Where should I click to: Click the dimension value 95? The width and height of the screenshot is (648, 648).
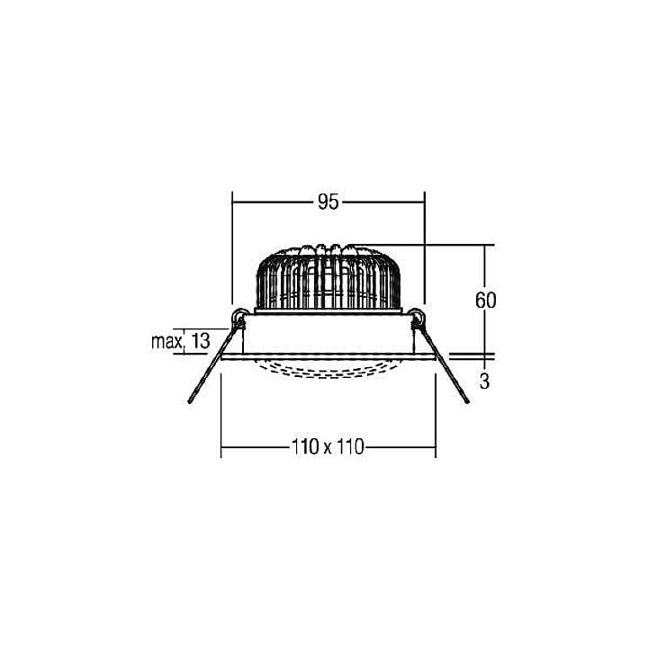tap(328, 202)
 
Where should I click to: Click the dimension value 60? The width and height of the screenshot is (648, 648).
tap(485, 301)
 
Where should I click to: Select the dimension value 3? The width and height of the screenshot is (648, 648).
tap(484, 382)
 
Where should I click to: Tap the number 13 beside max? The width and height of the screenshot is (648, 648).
tap(201, 341)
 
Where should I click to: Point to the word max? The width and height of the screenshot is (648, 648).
tap(167, 342)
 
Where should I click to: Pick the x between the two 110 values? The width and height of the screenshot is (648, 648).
tap(328, 448)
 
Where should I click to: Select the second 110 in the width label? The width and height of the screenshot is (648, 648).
tap(350, 446)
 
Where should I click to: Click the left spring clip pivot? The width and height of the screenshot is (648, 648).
tap(238, 318)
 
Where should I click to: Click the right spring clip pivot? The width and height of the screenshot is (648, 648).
tap(418, 318)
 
